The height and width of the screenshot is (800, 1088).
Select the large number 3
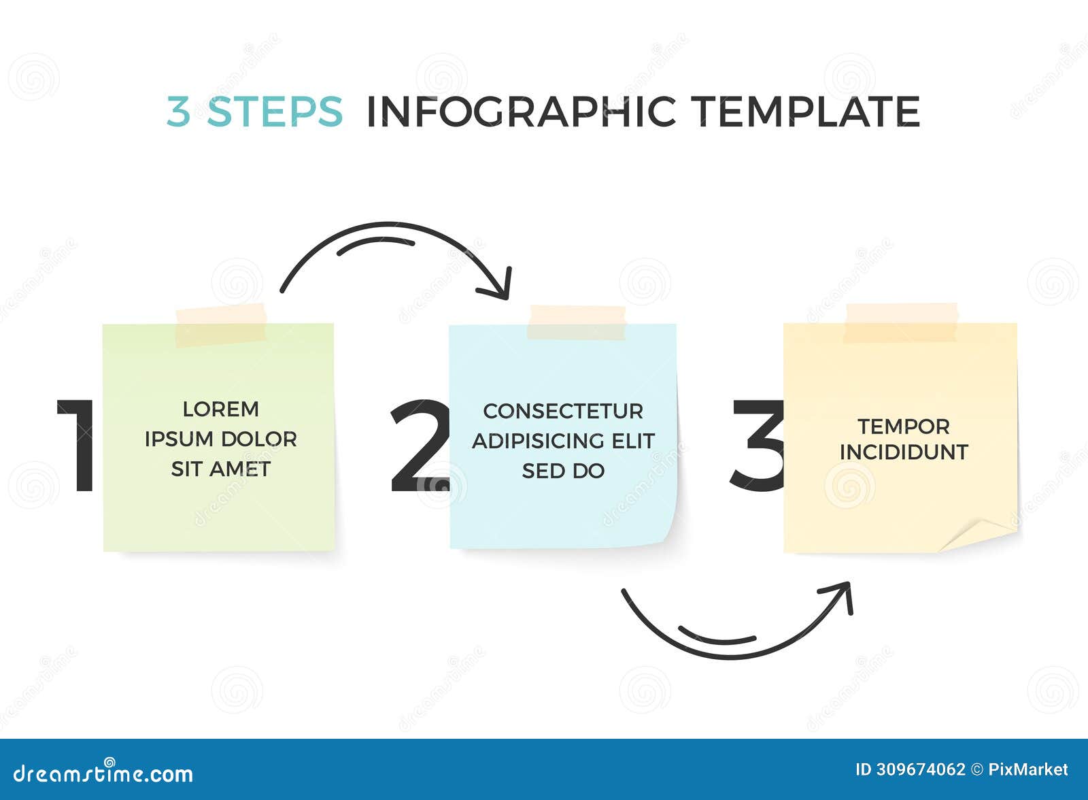[x=757, y=446]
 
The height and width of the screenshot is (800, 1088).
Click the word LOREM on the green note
[x=220, y=410]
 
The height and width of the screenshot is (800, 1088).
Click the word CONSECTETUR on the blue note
[x=563, y=411]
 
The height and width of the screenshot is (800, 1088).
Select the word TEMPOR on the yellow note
[x=903, y=427]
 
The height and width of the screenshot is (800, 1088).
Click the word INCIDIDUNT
[x=903, y=452]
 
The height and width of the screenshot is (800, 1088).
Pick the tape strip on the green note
[x=220, y=325]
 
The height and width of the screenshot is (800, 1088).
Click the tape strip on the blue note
[x=577, y=322]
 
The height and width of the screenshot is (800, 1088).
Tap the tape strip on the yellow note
[x=901, y=322]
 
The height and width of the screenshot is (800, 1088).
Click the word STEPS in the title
[x=275, y=112]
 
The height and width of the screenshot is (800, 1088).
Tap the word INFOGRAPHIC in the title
[x=521, y=112]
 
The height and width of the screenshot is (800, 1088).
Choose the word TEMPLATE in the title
[x=806, y=112]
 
